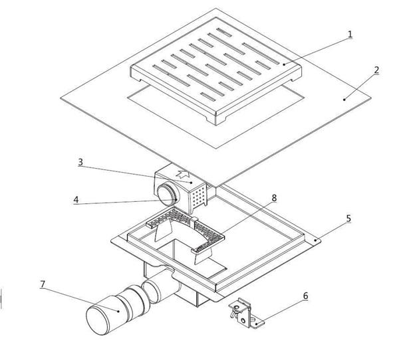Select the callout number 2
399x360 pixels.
click(376, 70)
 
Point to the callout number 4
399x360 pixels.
click(76, 199)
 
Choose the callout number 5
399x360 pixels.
click(348, 218)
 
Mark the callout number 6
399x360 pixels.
click(305, 296)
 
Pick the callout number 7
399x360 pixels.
click(43, 284)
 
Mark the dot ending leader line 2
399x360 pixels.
click(344, 98)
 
